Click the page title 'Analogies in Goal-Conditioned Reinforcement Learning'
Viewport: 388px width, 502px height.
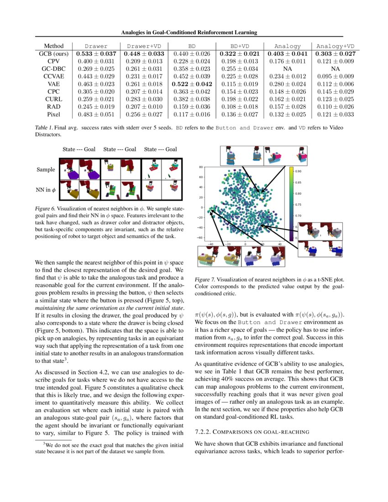coord(189,32)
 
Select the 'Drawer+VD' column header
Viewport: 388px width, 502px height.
coord(144,46)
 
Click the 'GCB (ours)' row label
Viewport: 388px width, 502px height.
coord(54,53)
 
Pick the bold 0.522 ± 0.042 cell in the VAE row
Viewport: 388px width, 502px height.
coord(192,84)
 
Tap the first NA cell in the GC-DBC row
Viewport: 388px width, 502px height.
coord(288,68)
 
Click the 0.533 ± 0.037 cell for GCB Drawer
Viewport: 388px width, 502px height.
coord(96,53)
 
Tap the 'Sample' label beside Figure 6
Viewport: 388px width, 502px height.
coord(46,169)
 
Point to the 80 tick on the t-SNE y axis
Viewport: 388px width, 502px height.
coord(200,167)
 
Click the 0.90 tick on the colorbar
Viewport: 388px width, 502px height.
coord(298,172)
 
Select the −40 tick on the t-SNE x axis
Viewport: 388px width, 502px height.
coord(210,244)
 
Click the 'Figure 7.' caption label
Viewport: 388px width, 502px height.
coord(205,279)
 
